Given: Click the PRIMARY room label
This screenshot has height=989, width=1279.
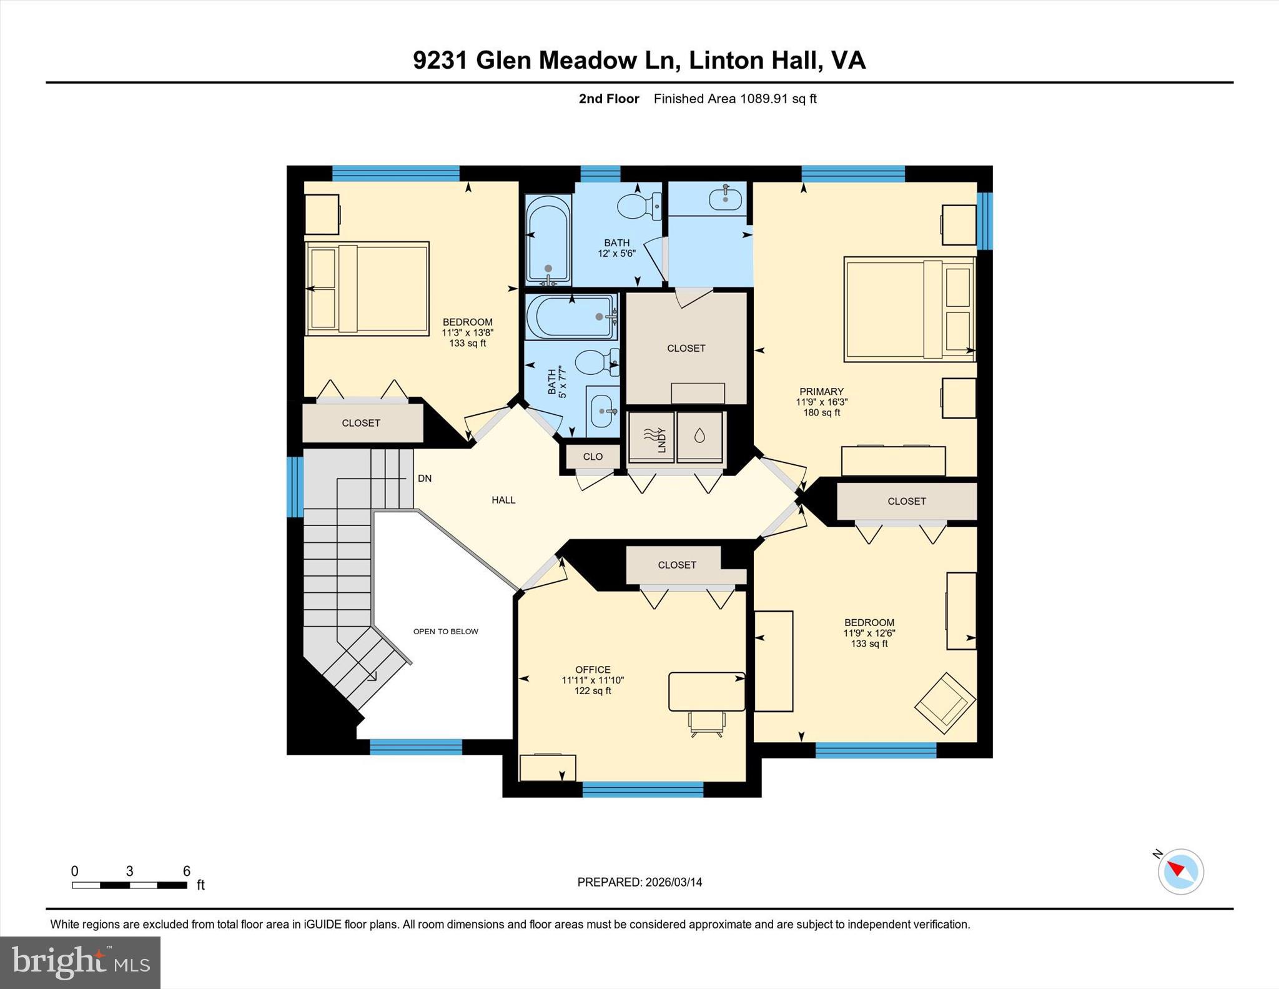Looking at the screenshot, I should click(x=821, y=392).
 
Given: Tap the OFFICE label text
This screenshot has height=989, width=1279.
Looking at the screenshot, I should click(x=593, y=670).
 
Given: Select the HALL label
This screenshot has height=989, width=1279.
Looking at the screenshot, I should click(x=503, y=500).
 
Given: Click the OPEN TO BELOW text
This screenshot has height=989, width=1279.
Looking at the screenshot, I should click(x=445, y=632).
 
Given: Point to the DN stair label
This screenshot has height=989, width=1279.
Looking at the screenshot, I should click(x=425, y=479).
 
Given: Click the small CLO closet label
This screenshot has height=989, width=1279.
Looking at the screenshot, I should click(x=593, y=457).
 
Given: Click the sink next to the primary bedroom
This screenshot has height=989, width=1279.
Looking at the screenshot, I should click(x=725, y=199).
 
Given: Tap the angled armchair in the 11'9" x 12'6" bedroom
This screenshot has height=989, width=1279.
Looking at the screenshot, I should click(x=945, y=703).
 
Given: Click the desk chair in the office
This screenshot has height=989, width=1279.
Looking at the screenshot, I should click(x=707, y=723).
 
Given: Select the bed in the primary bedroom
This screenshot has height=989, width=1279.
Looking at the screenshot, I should click(x=909, y=309).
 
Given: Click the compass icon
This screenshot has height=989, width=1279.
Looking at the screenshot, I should click(x=1180, y=871).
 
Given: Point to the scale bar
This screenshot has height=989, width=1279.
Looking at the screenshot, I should click(x=129, y=885).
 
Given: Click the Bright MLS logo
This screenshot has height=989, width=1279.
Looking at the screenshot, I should click(x=80, y=962).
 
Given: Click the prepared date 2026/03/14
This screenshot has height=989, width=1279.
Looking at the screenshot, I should click(x=673, y=882).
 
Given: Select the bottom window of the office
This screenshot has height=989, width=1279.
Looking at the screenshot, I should click(x=643, y=790).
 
